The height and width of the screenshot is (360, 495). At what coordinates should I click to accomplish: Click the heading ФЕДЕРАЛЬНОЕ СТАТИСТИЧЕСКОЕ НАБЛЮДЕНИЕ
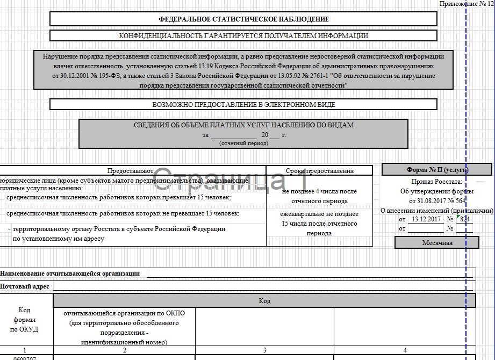[243, 19]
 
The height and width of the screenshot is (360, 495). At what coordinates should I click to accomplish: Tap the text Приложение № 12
[465, 4]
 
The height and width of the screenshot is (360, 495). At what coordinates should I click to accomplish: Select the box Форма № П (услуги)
[436, 170]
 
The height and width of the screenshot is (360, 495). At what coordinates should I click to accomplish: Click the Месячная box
[436, 242]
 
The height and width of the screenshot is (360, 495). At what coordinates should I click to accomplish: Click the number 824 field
[464, 219]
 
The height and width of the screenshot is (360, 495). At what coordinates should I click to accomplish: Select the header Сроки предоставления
[319, 171]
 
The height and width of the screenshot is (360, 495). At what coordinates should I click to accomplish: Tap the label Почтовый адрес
[25, 286]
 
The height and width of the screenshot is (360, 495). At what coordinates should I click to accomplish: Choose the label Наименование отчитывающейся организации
[70, 273]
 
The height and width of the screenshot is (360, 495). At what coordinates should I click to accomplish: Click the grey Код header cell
[264, 300]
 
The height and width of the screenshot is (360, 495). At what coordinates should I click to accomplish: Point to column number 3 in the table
[264, 350]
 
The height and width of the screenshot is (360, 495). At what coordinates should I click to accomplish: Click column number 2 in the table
[124, 350]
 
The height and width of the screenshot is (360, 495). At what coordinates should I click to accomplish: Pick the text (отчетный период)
[243, 143]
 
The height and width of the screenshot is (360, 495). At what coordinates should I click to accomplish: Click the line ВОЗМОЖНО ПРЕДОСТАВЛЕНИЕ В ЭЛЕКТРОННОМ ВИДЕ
[243, 105]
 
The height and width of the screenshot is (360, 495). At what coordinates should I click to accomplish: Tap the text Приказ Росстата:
[436, 182]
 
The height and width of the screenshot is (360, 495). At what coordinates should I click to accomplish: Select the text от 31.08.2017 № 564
[436, 200]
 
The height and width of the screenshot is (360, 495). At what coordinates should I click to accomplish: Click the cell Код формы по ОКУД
[24, 320]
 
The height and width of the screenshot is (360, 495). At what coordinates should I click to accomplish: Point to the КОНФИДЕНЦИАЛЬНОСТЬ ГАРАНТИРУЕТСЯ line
[243, 36]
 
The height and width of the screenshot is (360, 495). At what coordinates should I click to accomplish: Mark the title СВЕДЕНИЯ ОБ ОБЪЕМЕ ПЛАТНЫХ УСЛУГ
[243, 125]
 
